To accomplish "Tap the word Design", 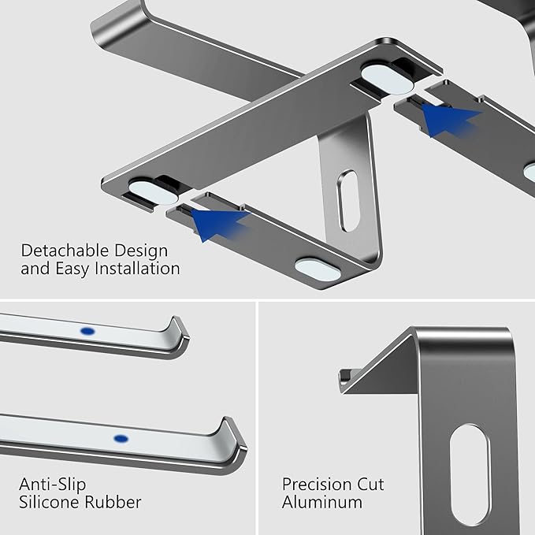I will click(139, 251).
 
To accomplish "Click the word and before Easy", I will click(34, 269).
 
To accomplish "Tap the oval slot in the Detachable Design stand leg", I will click(347, 204).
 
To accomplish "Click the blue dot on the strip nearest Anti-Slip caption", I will click(121, 437).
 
